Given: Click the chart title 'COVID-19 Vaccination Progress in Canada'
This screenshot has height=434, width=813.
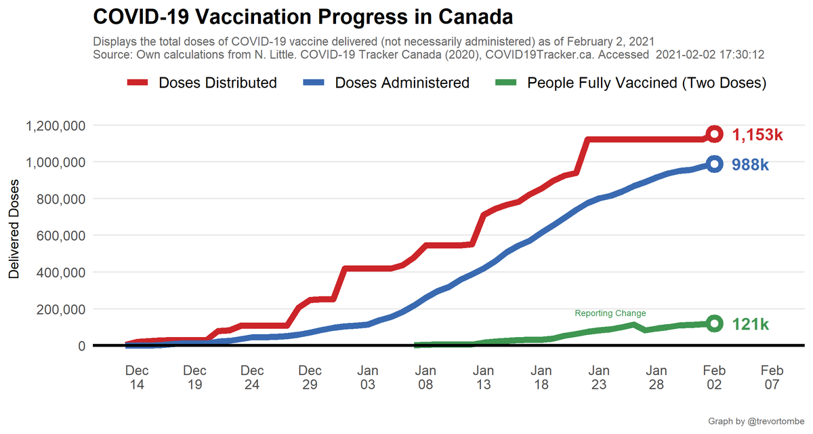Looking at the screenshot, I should point(302,16).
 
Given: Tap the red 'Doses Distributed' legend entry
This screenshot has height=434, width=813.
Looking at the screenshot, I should point(202,83).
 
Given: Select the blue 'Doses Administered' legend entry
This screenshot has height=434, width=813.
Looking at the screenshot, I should point(386,83).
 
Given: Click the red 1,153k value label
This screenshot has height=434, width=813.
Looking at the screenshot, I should point(757,135).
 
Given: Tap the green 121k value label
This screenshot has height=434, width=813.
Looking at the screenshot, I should point(751,325).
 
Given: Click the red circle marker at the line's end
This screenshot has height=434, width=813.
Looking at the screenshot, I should point(714,134).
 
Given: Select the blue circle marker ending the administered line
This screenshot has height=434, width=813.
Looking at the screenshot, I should point(714,163).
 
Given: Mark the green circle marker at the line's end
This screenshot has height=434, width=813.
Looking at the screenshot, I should point(714,323).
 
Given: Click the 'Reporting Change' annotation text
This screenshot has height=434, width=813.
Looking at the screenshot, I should point(610,313).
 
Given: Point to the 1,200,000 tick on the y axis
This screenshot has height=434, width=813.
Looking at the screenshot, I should point(55,125).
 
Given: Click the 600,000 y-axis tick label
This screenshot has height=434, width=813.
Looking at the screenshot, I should point(60,235).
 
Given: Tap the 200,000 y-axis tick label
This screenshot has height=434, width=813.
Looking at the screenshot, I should point(60,309).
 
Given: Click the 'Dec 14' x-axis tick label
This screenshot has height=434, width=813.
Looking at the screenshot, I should point(137,377).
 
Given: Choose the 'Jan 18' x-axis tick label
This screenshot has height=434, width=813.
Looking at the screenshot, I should point(541,377).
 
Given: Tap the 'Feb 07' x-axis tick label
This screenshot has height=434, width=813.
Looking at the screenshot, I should point(772,377).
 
